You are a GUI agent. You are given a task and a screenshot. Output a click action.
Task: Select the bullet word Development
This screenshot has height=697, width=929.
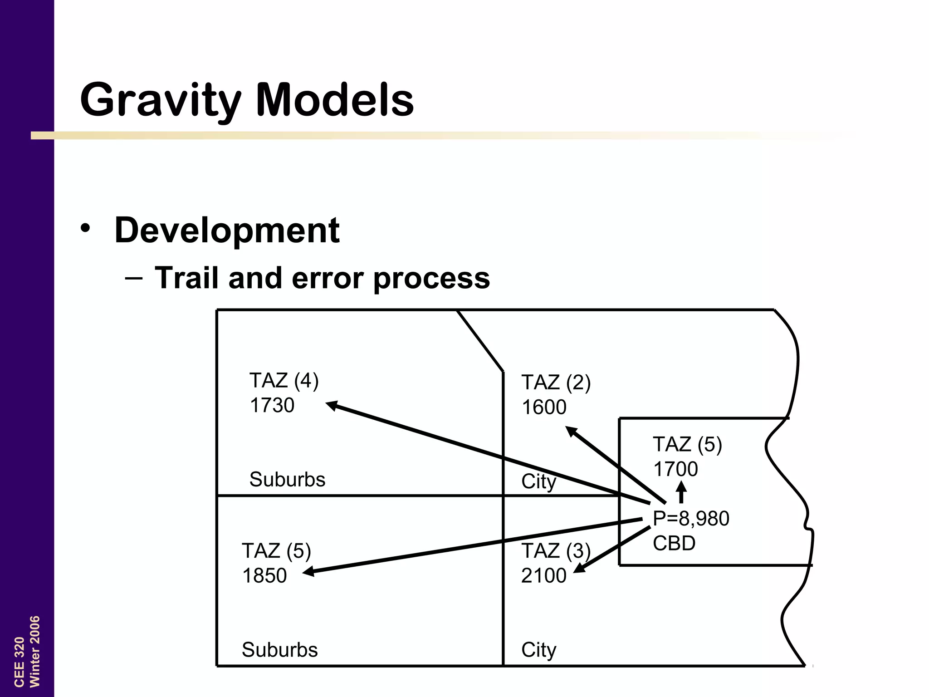tap(227, 230)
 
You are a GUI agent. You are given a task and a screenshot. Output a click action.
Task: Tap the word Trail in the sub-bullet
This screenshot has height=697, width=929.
tap(188, 278)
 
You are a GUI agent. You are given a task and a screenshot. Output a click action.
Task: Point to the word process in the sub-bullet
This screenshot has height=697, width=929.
tap(431, 279)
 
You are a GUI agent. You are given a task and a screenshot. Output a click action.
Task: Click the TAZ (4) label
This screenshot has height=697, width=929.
tap(284, 381)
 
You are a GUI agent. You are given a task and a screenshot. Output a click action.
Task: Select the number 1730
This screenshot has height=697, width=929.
tap(272, 405)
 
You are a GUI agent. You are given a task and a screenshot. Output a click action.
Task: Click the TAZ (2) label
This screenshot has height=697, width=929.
tap(556, 383)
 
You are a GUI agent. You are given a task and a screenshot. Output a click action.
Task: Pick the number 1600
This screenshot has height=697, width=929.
tap(544, 407)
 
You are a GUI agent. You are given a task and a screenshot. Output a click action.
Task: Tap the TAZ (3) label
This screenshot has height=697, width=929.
tap(556, 551)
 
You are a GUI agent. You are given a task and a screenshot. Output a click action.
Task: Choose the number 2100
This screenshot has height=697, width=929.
tap(544, 575)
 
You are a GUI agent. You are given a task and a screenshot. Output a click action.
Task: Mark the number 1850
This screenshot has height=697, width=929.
tap(264, 575)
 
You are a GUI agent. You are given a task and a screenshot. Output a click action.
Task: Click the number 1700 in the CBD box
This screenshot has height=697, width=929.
tap(675, 469)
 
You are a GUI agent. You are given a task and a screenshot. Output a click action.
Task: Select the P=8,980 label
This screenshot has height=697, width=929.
tap(691, 518)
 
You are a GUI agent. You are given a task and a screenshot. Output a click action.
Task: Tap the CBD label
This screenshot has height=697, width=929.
tap(674, 543)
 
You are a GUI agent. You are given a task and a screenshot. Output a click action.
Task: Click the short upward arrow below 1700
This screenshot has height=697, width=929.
tap(681, 492)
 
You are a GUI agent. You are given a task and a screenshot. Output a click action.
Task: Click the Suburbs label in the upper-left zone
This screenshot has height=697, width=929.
tap(288, 480)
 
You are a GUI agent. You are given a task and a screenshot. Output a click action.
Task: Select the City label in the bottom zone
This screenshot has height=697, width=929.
tap(539, 650)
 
